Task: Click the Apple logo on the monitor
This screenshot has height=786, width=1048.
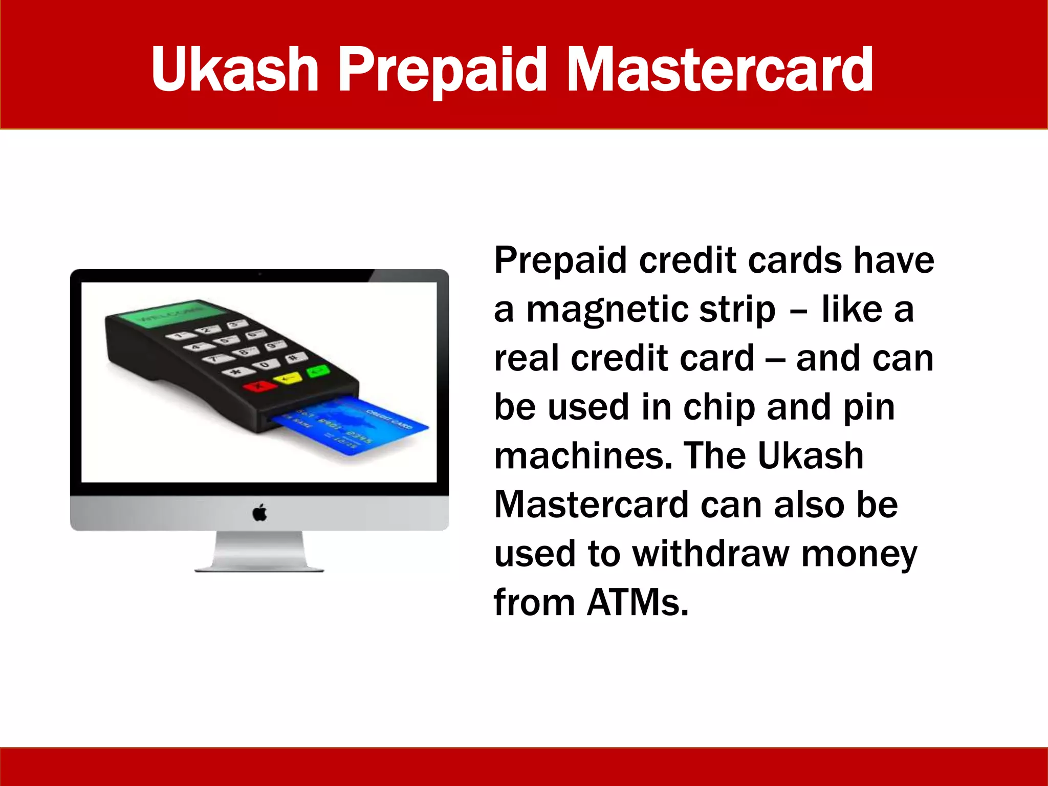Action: pyautogui.click(x=260, y=512)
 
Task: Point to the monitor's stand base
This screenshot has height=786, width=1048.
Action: pyautogui.click(x=259, y=567)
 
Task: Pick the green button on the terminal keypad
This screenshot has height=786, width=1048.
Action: pyautogui.click(x=318, y=370)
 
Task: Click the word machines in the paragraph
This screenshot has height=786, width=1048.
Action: pyautogui.click(x=583, y=456)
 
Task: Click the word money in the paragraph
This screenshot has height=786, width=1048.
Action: pyautogui.click(x=859, y=554)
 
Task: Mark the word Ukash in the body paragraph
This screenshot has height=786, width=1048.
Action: pyautogui.click(x=811, y=456)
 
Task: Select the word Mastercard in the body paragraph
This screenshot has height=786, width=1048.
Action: pyautogui.click(x=592, y=505)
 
